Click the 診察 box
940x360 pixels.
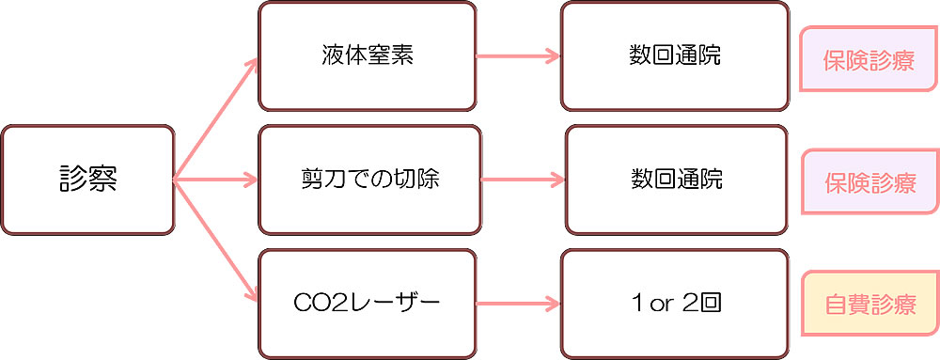[x=87, y=179]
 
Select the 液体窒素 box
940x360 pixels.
[x=367, y=55]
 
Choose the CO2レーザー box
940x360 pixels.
[x=367, y=303]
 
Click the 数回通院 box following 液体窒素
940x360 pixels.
[x=674, y=55]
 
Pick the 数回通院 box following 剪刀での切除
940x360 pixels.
[x=676, y=179]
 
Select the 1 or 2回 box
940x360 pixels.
[x=674, y=303]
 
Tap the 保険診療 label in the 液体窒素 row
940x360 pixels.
[x=869, y=59]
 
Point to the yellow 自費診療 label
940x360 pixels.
[x=869, y=305]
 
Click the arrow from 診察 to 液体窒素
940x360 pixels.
[x=216, y=117]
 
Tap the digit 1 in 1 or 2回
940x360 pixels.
[x=639, y=303]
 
